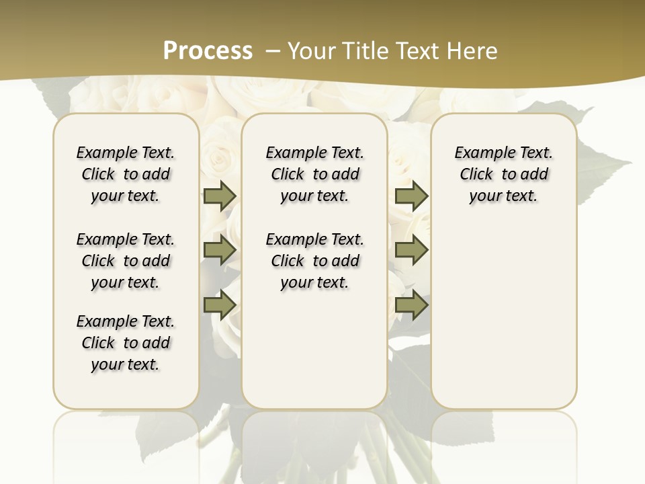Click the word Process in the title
(x=208, y=50)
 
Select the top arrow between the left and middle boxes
(x=220, y=196)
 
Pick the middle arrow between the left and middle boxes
(x=220, y=251)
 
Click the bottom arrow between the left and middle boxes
(x=220, y=305)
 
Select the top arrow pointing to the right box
(x=411, y=196)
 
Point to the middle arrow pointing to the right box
(x=411, y=251)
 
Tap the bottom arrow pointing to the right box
(x=411, y=305)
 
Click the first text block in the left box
(x=126, y=174)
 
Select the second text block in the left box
(x=126, y=261)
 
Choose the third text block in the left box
(x=126, y=343)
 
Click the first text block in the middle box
(x=314, y=174)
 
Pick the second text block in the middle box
(x=314, y=261)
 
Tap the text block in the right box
(x=503, y=174)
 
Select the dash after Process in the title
(x=272, y=51)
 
